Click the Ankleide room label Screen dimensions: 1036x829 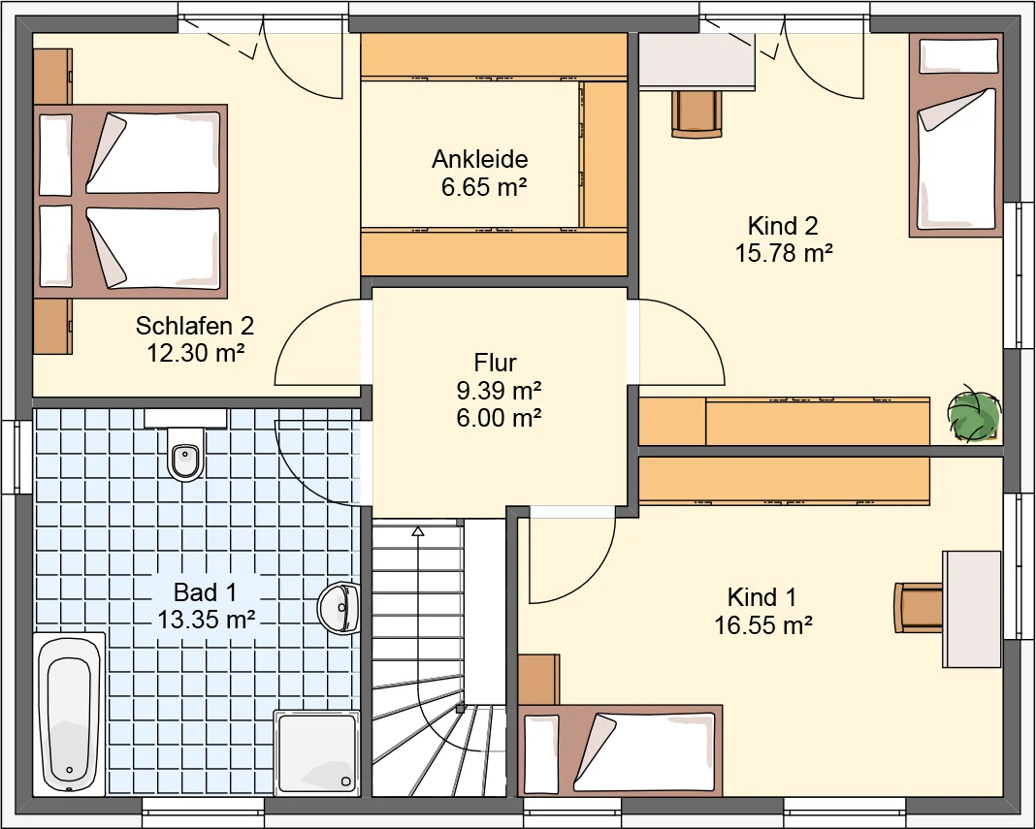(480, 159)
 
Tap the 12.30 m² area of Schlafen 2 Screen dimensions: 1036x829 (196, 353)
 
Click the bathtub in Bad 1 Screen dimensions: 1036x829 (69, 714)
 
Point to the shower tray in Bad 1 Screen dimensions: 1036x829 (317, 752)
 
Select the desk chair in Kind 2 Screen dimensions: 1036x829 (697, 114)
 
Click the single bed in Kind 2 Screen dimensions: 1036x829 (956, 136)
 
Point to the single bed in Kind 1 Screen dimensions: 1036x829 (620, 751)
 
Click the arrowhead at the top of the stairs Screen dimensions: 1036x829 (417, 530)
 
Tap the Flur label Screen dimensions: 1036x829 (495, 363)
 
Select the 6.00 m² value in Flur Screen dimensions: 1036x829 (499, 418)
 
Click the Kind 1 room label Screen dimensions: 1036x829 (761, 597)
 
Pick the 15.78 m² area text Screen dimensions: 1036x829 (784, 253)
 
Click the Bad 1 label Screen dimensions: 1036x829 (205, 591)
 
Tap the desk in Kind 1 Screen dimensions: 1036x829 (971, 609)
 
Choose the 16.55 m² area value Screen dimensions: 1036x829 (763, 624)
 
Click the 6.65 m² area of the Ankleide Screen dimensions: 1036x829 (484, 187)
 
